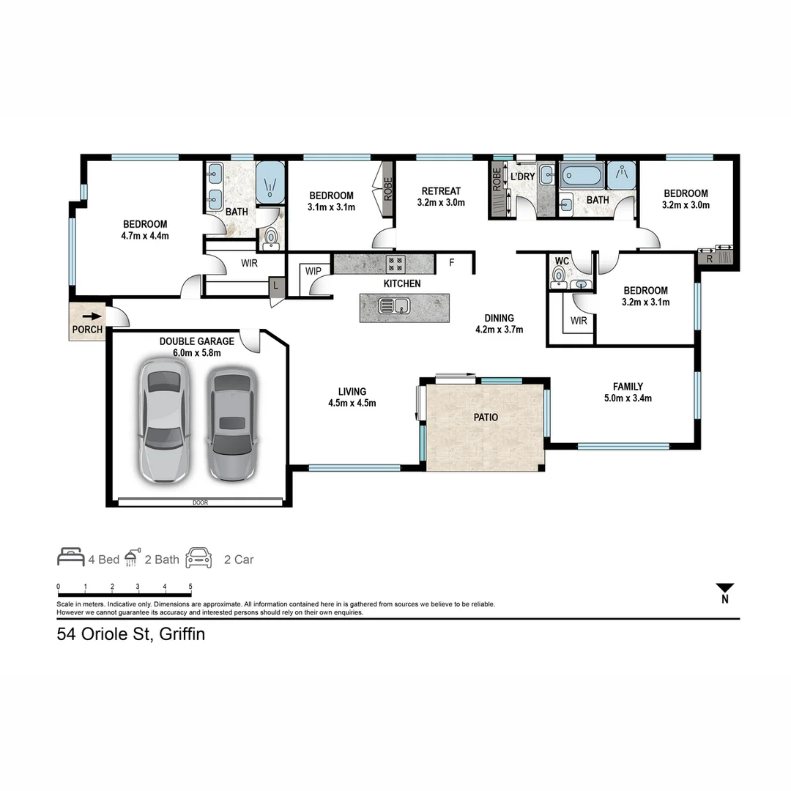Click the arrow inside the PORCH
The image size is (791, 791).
click(x=92, y=316)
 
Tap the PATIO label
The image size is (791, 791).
click(x=486, y=417)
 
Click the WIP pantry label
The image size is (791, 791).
click(x=313, y=271)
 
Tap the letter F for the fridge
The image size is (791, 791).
click(x=451, y=261)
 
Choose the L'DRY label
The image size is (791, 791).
click(x=522, y=177)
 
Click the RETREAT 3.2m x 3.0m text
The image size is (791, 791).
click(x=441, y=197)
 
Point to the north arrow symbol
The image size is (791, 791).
click(x=725, y=589)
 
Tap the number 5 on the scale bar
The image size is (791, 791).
click(x=190, y=587)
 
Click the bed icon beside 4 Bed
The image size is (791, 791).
click(x=71, y=557)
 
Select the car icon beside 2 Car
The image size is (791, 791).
click(x=198, y=558)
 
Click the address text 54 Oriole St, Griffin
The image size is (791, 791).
click(x=131, y=634)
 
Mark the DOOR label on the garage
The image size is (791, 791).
click(x=200, y=502)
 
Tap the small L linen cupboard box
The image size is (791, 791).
click(x=276, y=285)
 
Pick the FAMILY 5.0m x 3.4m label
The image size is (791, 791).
click(x=628, y=393)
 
